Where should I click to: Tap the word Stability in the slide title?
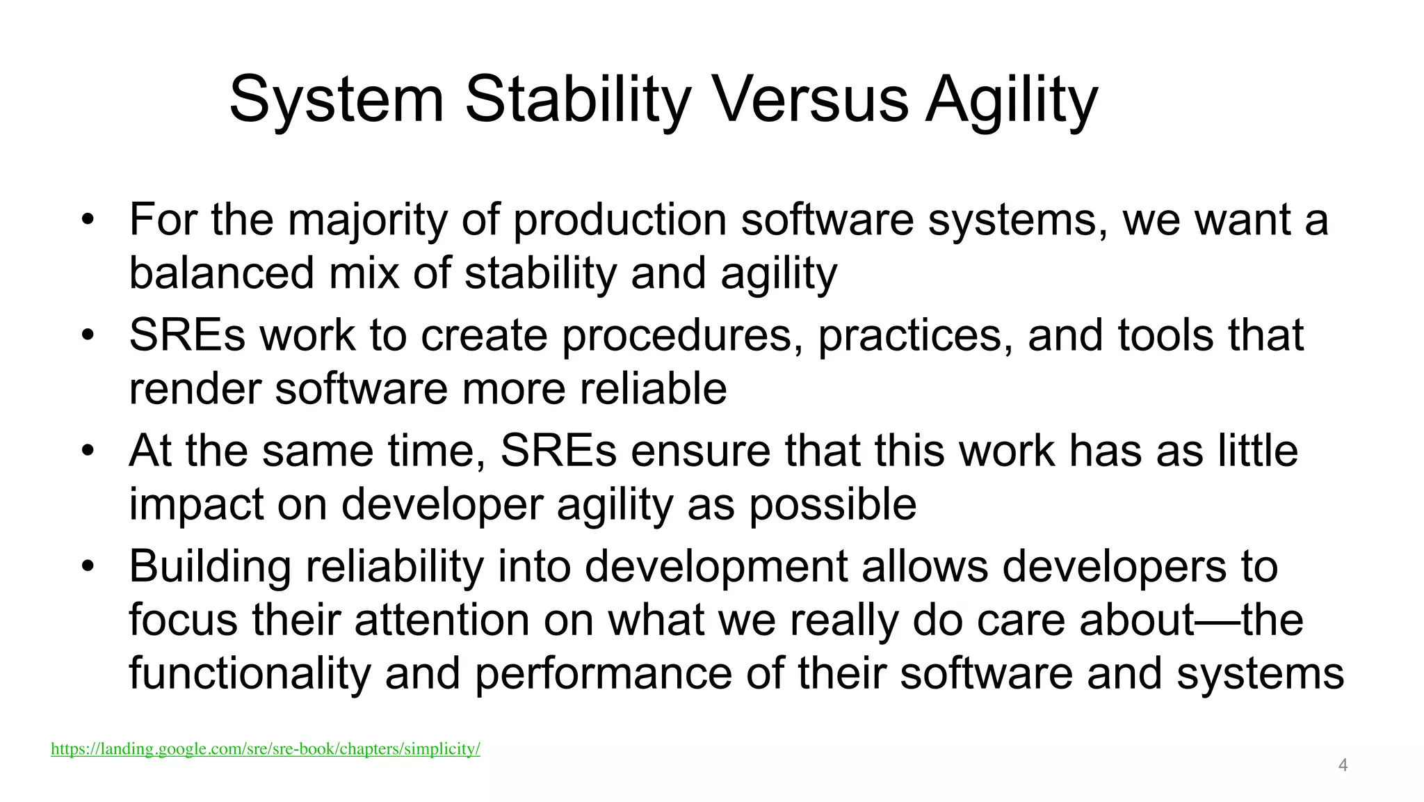point(577,99)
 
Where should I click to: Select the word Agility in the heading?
point(1011,99)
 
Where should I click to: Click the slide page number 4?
point(1343,766)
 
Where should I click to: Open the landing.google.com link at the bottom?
point(265,749)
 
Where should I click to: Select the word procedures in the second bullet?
point(677,335)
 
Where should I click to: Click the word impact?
point(196,505)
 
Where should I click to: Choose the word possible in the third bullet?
point(832,505)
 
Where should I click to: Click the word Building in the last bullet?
point(210,567)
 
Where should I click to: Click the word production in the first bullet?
point(620,220)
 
